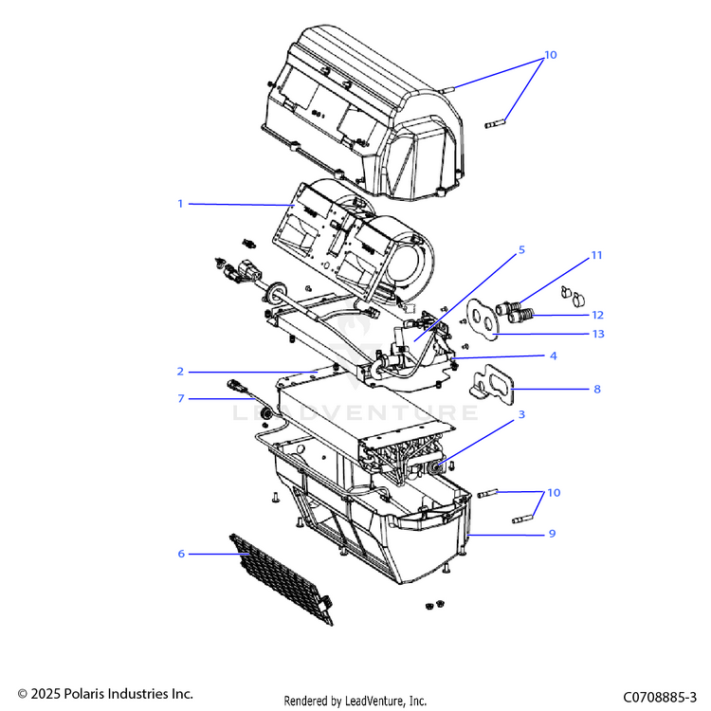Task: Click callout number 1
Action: [x=179, y=204]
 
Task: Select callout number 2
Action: [x=179, y=371]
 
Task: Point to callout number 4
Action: [x=552, y=355]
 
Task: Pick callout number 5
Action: [x=520, y=250]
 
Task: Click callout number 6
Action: [x=181, y=553]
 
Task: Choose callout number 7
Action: [x=180, y=398]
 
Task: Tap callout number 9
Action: [x=552, y=534]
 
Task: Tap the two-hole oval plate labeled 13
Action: [x=485, y=319]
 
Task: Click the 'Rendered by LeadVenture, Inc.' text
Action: [x=355, y=701]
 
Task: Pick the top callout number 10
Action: [x=551, y=55]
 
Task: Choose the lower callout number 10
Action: [x=554, y=493]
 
